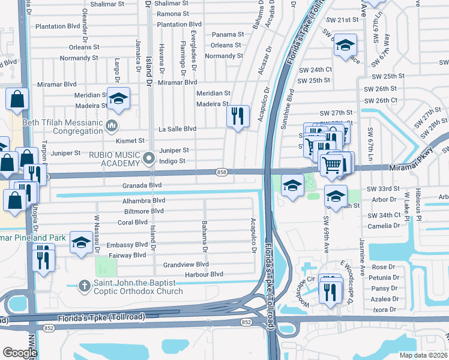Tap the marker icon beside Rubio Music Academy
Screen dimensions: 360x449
[149, 159]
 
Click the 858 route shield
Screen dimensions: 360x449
[221, 172]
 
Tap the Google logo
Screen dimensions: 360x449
[20, 352]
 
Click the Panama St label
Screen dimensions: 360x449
[226, 35]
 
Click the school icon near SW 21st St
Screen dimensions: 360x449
[345, 45]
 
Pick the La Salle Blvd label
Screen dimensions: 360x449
[177, 128]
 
